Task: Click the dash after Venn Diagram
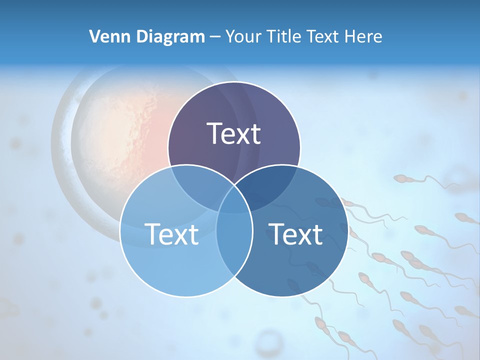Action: coord(215,37)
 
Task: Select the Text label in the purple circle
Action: coord(234,133)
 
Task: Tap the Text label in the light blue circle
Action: coord(171,234)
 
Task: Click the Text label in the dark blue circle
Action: coord(295,234)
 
